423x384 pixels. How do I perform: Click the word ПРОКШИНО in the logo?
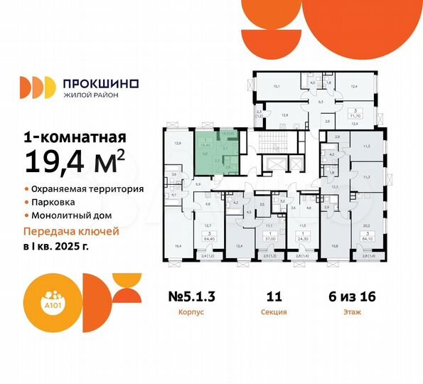tap(101, 83)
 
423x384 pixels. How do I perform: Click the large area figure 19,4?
tap(65, 165)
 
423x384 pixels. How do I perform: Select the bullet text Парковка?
tap(50, 203)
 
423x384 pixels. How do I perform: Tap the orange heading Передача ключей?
tap(71, 232)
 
